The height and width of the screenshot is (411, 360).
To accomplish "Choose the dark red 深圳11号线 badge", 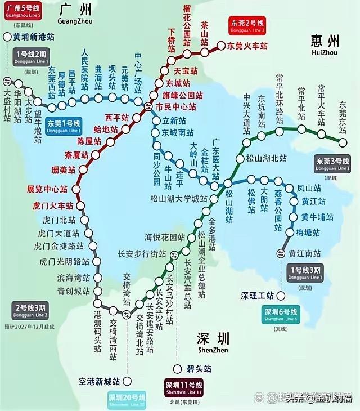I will tap(183, 387).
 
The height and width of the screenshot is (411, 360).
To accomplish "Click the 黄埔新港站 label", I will tap(37, 38).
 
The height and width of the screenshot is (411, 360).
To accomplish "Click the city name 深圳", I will tap(213, 339).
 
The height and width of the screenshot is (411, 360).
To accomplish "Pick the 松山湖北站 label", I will tap(267, 158).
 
